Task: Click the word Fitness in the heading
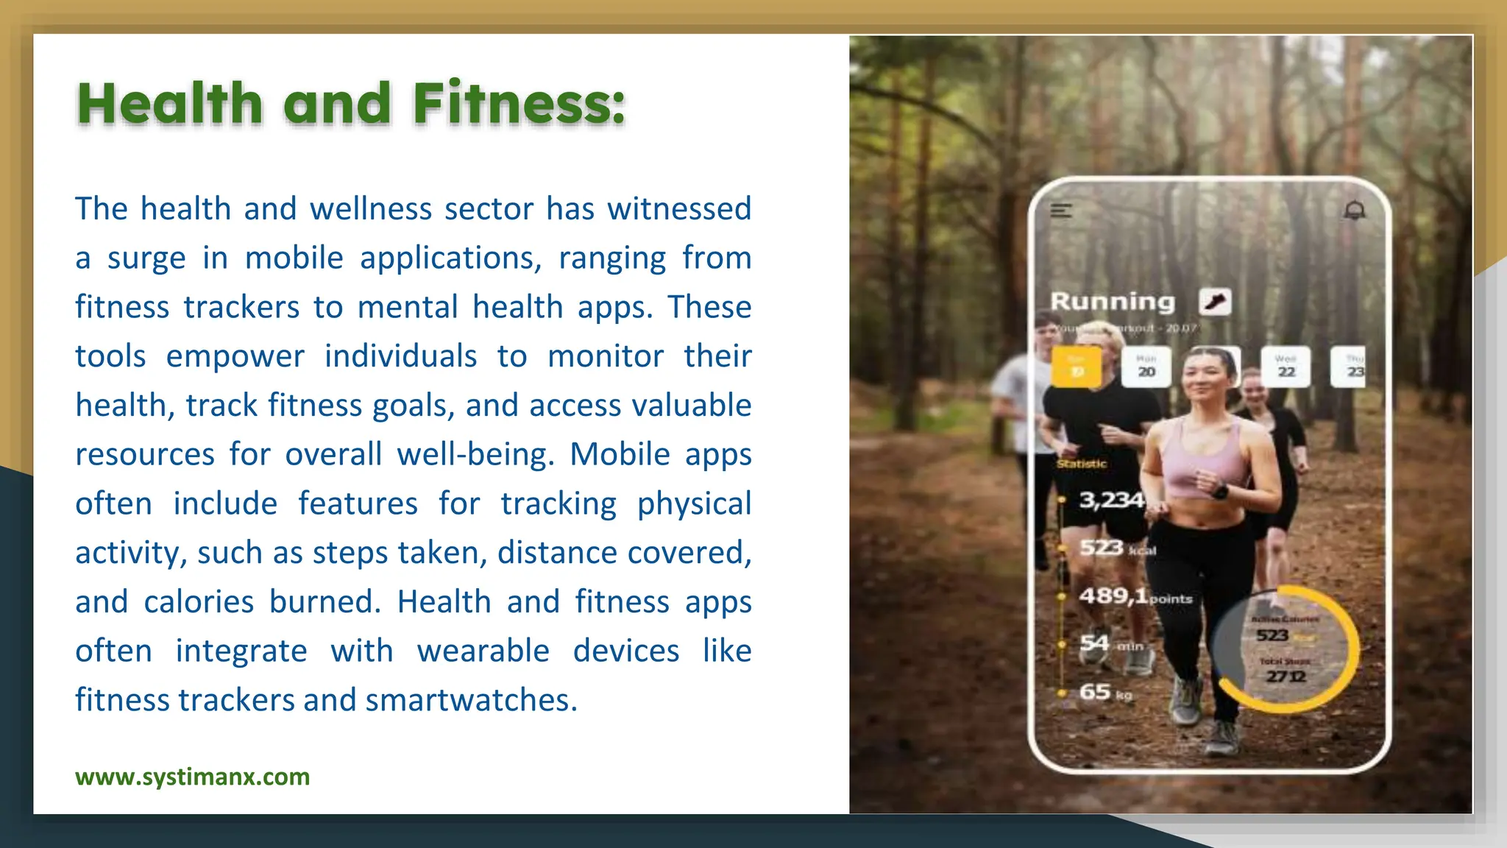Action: click(x=519, y=103)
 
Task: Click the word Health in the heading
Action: click(x=170, y=103)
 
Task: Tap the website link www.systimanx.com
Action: click(x=192, y=777)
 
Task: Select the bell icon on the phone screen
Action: click(x=1355, y=211)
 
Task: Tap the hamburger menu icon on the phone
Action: click(x=1061, y=211)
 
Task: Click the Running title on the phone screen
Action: click(x=1112, y=301)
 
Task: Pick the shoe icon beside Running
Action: click(x=1215, y=301)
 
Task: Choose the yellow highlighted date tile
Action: click(x=1076, y=367)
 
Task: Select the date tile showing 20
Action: click(x=1146, y=367)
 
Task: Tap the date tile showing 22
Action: click(x=1286, y=367)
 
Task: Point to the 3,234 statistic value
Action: click(x=1111, y=501)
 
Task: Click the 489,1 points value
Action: click(x=1113, y=596)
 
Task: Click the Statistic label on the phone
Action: click(x=1082, y=464)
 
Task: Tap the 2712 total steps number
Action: click(x=1286, y=676)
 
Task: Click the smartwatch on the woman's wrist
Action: click(x=1220, y=491)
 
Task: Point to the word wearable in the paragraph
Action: click(x=483, y=651)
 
